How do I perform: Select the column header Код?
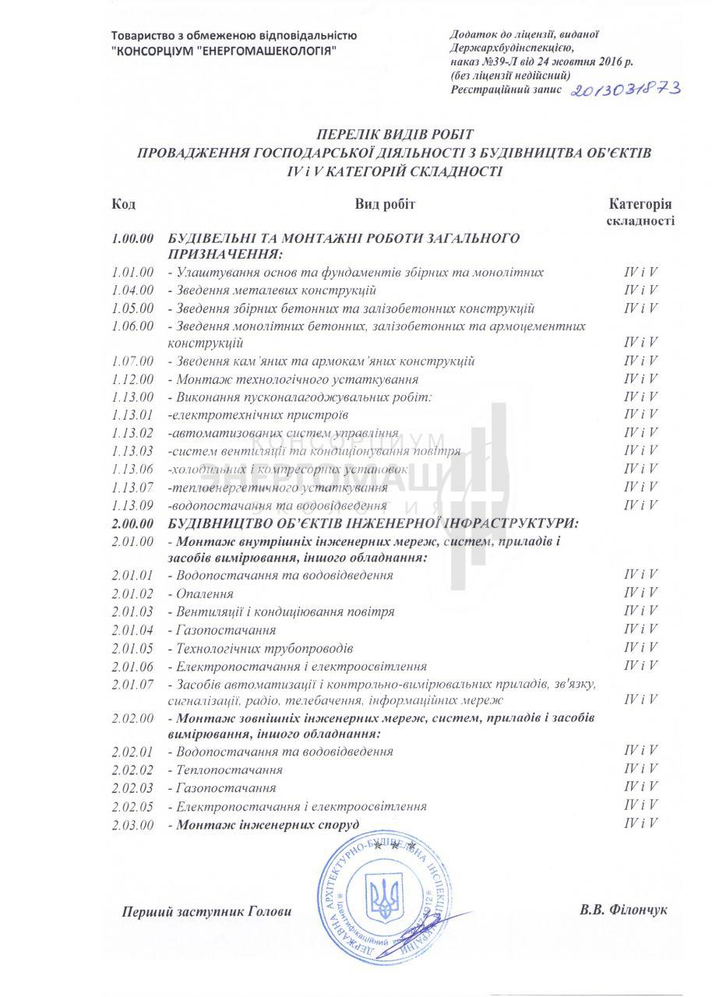tap(123, 204)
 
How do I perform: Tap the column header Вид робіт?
tap(386, 204)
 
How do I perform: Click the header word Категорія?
tap(640, 204)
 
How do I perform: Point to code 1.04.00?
tap(132, 291)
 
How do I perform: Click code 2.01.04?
tap(132, 629)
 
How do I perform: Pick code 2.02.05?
tap(132, 806)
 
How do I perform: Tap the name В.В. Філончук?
tap(623, 910)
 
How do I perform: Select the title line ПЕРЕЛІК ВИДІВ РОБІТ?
tap(394, 135)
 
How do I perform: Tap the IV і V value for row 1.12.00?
tap(640, 379)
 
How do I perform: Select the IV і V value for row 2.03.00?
tap(640, 823)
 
